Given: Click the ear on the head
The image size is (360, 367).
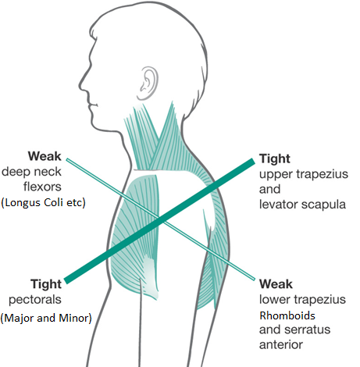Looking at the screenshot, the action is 148,84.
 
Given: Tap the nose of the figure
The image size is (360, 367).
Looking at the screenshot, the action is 81,84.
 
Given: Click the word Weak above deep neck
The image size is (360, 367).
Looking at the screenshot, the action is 45,156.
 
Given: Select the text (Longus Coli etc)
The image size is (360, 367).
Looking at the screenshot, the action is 43,202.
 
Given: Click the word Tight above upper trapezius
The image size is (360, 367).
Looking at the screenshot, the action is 275,159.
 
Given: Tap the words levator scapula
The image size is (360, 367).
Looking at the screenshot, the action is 302,205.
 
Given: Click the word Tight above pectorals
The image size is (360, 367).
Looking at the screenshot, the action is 46,284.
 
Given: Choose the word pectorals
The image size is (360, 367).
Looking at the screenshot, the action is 35,300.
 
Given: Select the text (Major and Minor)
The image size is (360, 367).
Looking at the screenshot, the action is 46,318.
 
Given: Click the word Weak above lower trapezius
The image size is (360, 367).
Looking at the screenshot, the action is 276,284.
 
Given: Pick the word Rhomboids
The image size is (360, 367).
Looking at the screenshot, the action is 287,315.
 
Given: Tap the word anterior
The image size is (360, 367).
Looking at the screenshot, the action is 281,345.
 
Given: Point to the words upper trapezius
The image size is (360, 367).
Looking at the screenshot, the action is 304,174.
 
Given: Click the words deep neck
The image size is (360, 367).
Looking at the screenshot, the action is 31,172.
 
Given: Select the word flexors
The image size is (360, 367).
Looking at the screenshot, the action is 42,187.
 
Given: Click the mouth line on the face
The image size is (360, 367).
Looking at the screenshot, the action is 93,105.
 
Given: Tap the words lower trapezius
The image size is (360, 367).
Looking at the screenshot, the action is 302,300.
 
